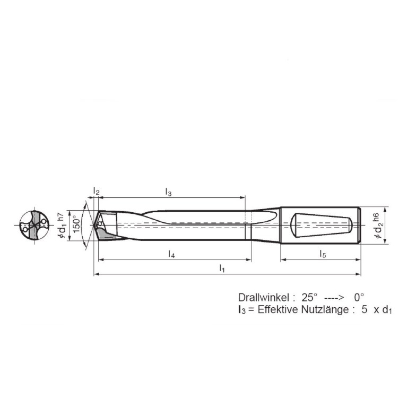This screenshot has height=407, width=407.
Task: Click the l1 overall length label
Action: tap(222, 269)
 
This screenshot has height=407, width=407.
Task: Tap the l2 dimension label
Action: tap(96, 191)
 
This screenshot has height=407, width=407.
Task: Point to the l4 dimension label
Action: tap(171, 254)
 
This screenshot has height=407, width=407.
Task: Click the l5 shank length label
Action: tap(323, 254)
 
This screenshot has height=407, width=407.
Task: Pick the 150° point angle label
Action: tap(76, 225)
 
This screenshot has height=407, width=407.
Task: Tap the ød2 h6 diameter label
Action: tap(378, 225)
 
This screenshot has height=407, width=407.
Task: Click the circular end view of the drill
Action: tap(32, 225)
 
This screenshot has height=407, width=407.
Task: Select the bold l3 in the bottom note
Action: tap(241, 310)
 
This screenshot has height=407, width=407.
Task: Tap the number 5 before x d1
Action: tap(365, 310)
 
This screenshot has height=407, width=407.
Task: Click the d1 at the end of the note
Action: tap(386, 311)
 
